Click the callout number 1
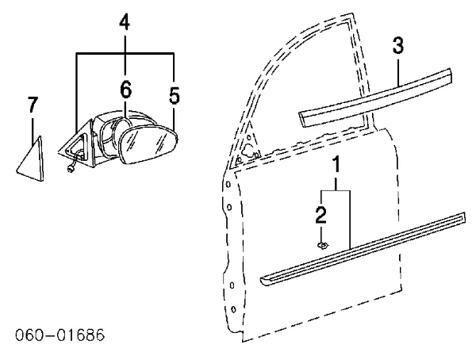pos(336,166)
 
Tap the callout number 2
pos(321,215)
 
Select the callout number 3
pos(398,45)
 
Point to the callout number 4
pos(125,22)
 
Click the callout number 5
pos(175,95)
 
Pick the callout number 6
pos(125,90)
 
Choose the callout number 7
pos(33,104)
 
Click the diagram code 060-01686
pos(59,335)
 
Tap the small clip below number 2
pos(323,245)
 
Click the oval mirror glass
pos(148,144)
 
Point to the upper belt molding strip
pos(375,97)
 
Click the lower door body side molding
pos(363,249)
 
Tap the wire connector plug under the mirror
pos(71,169)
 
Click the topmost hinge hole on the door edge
pos(228,184)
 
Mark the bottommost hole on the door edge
pos(233,309)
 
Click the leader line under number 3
pos(398,72)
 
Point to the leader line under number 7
pos(33,132)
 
